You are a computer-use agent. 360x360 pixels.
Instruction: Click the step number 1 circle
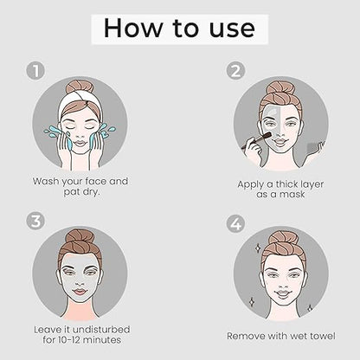[35, 71]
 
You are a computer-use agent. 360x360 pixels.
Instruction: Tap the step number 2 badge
[235, 71]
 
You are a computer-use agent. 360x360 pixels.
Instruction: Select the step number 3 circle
[35, 222]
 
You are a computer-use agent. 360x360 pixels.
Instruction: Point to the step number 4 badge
[235, 224]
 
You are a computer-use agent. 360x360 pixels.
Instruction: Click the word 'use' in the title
[232, 29]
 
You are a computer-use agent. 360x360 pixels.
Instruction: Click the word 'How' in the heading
[133, 28]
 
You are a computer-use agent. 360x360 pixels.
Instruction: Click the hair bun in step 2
[280, 88]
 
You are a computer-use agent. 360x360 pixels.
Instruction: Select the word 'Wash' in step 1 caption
[46, 182]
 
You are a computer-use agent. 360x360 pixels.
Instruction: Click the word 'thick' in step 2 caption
[286, 184]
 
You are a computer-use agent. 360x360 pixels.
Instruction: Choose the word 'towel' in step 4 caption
[323, 336]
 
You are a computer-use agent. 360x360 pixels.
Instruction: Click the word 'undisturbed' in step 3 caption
[101, 330]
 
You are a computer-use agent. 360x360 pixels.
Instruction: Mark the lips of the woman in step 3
[80, 292]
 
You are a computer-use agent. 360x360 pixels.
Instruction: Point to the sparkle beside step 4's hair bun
[257, 247]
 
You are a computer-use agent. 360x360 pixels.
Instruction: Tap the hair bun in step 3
[80, 236]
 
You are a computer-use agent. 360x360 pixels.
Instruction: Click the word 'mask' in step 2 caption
[292, 194]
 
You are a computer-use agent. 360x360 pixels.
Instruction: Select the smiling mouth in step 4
[282, 293]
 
